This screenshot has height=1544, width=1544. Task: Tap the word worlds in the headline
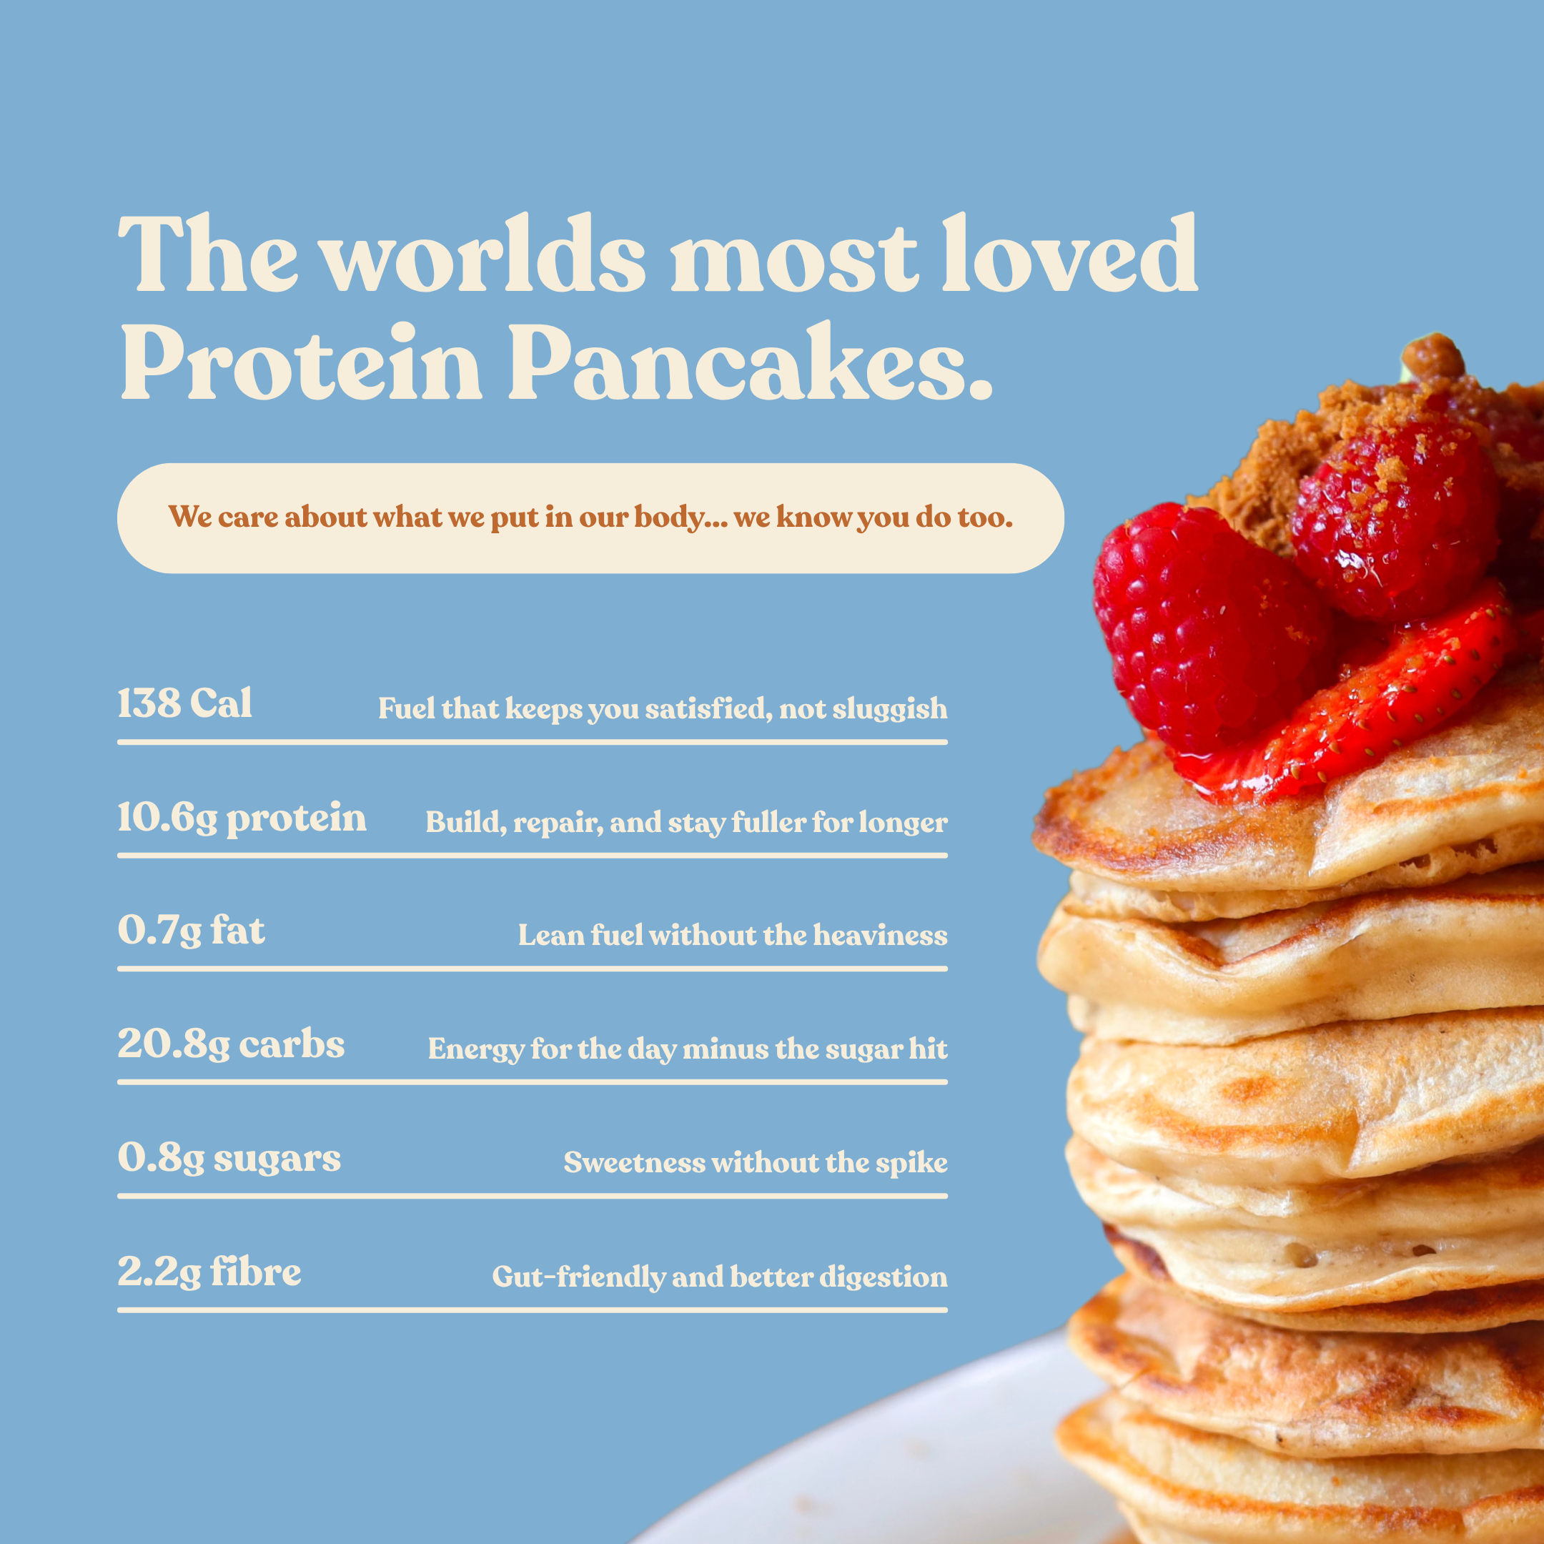click(x=483, y=255)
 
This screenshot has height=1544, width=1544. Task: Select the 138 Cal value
click(x=184, y=704)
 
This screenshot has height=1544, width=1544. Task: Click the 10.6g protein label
click(x=242, y=818)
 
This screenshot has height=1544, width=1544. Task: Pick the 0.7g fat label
click(x=191, y=931)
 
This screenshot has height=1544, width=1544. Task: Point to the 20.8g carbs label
click(x=231, y=1044)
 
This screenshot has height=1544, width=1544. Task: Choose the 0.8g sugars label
click(x=229, y=1158)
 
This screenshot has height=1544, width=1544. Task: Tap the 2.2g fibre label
click(x=209, y=1272)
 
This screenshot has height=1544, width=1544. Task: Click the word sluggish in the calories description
click(x=889, y=710)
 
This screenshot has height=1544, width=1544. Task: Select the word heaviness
click(x=880, y=936)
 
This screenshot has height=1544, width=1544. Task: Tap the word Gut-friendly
click(x=578, y=1277)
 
